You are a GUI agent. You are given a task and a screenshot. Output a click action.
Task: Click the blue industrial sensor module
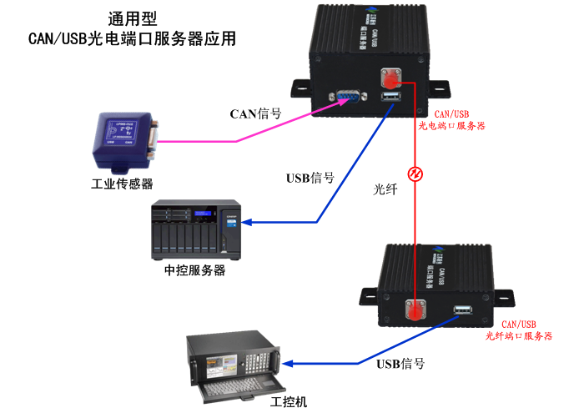pos(125,137)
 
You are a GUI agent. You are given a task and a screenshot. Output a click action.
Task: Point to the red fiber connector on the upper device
pos(390,79)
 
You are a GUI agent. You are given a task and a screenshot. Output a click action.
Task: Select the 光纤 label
pos(385,189)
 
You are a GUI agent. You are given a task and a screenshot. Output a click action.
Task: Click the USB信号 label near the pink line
pos(310,178)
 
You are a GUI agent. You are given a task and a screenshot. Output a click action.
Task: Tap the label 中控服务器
pos(194,271)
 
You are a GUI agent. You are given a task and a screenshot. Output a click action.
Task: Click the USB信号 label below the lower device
pos(400,364)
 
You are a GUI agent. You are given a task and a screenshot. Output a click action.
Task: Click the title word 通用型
pos(133,18)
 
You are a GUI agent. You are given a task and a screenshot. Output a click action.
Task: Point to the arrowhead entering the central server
pos(250,223)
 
